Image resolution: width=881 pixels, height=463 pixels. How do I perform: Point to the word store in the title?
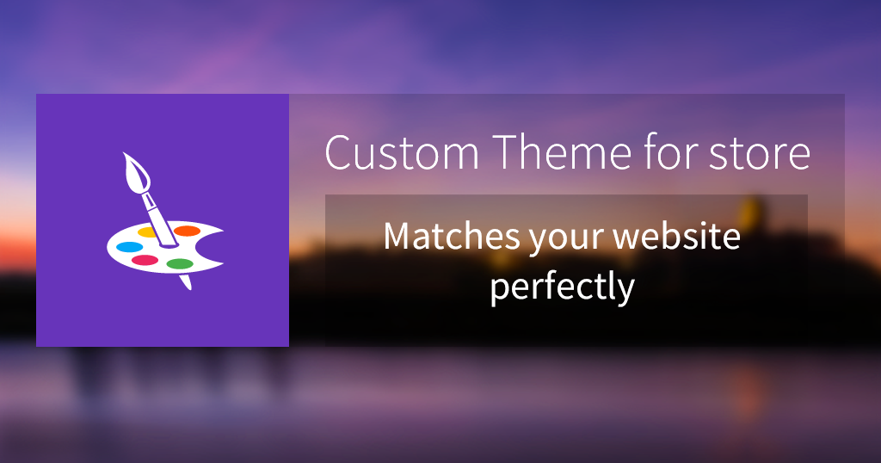coord(759,152)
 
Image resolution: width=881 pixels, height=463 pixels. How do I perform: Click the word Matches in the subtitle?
coord(452,236)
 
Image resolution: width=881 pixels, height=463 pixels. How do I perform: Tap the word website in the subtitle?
coord(676,236)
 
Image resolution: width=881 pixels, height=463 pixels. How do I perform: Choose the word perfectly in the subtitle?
coord(562,287)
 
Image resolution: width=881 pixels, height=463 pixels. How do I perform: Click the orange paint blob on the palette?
coord(187,231)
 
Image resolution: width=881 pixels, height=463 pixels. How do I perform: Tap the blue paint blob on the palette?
coord(129,247)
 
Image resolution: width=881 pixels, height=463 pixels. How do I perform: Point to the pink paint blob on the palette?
coord(145,260)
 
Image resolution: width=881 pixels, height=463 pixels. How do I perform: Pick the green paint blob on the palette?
coord(180,263)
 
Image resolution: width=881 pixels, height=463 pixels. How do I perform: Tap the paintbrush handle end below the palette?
coord(188,286)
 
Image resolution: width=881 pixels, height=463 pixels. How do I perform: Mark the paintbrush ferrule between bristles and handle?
coord(149,201)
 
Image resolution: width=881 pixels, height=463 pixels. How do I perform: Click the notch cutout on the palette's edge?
coord(213,247)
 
